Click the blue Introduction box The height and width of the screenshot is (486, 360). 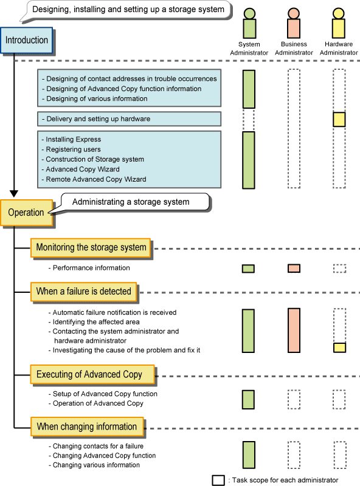(27, 40)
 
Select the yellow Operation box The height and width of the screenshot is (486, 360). (27, 213)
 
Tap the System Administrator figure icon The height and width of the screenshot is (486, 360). (249, 23)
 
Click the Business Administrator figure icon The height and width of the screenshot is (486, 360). (294, 23)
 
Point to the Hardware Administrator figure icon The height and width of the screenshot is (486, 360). (339, 23)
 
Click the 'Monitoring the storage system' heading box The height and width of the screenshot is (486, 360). (91, 248)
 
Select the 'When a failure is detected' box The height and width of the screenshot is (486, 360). (83, 292)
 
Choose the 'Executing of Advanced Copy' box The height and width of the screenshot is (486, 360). (92, 374)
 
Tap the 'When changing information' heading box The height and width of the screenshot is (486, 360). (87, 427)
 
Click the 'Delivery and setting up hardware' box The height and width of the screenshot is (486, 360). (129, 119)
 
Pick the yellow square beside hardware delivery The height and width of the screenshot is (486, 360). (339, 119)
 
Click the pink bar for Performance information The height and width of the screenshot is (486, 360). (294, 269)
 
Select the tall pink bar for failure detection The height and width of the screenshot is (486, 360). (294, 330)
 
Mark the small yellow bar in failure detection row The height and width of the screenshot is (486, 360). (339, 347)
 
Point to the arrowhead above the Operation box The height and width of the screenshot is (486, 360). (14, 194)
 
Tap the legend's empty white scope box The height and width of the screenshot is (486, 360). (218, 480)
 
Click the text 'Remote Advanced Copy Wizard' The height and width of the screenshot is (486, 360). (96, 179)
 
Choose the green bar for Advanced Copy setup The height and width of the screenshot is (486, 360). (248, 400)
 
